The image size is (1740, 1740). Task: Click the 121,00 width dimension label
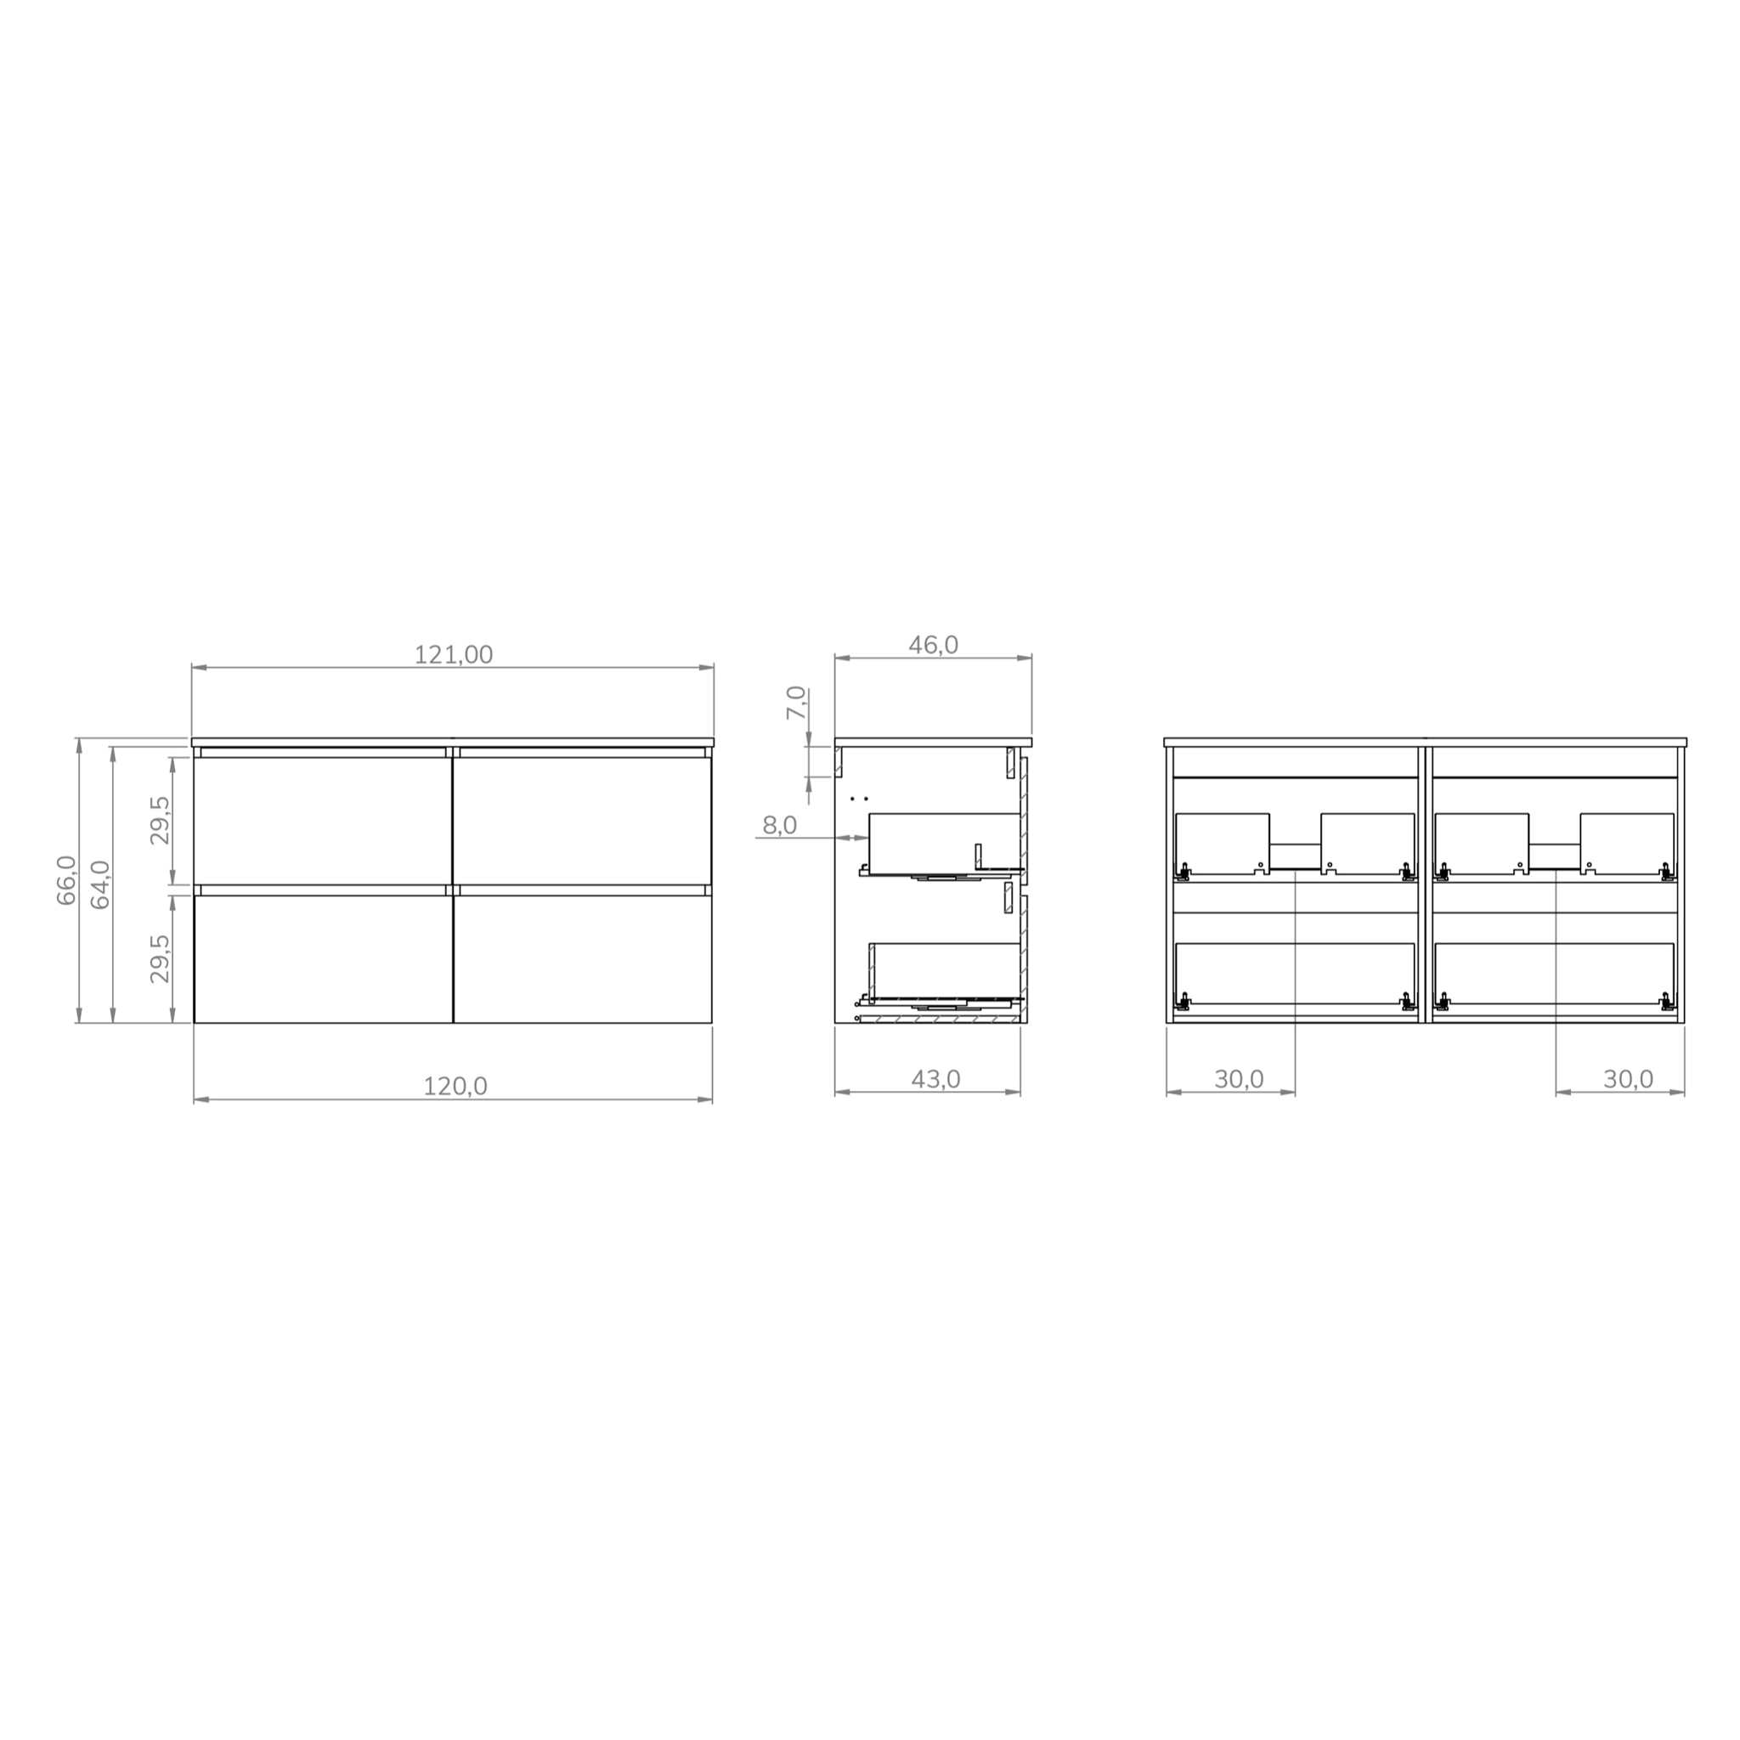453,655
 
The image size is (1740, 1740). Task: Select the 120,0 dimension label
455,1086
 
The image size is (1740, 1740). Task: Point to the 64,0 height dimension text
100,884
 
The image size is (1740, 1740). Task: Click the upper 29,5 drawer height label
161,820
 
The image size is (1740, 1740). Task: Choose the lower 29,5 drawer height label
161,958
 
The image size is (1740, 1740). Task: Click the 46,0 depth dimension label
933,645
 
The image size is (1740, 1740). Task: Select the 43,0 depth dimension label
935,1079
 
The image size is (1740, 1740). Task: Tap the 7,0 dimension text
795,703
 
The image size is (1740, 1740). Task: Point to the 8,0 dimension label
779,825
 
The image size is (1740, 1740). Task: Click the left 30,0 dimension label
1239,1079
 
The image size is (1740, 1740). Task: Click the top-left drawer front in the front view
322,820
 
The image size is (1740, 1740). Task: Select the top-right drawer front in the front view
582,820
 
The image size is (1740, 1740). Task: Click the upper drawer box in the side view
943,842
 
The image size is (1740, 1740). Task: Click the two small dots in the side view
858,798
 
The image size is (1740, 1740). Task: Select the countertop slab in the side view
932,742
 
